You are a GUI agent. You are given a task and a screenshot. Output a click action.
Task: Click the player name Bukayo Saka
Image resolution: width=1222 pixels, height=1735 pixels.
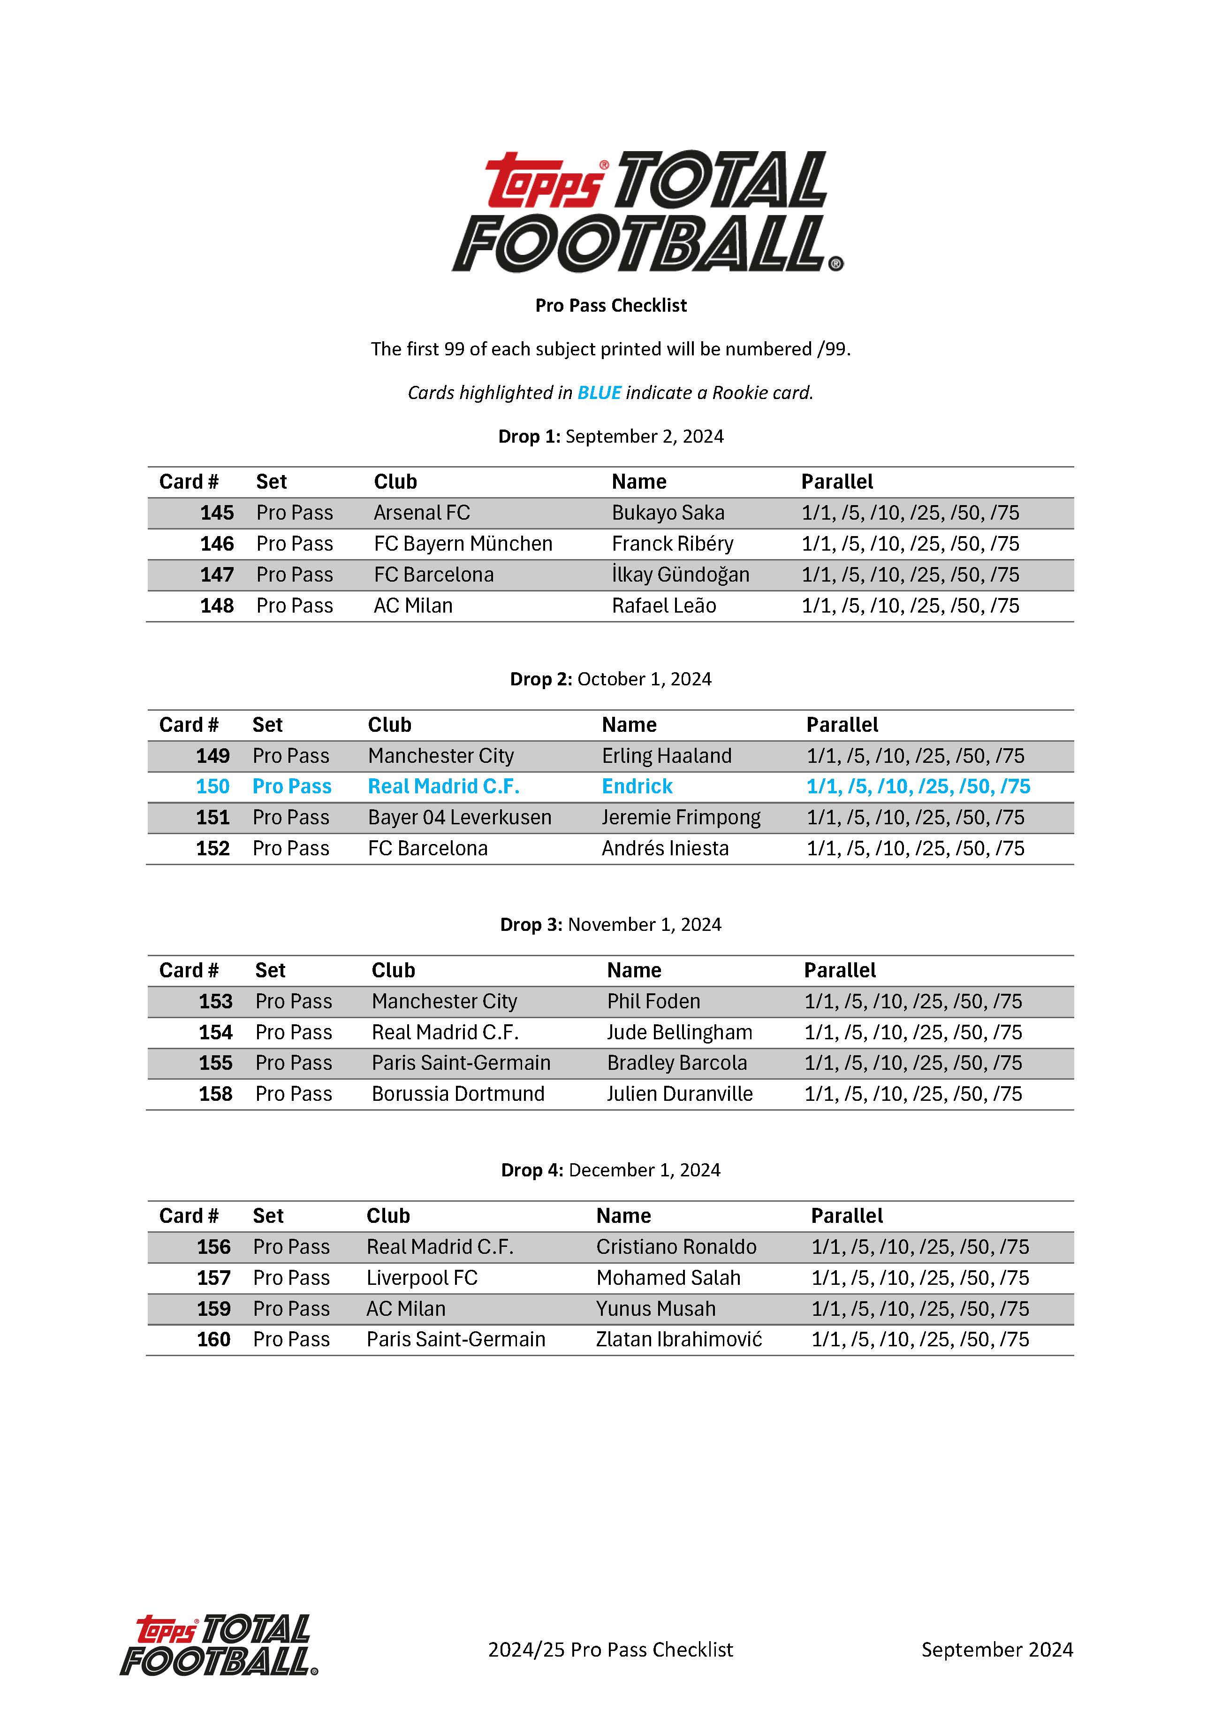(668, 513)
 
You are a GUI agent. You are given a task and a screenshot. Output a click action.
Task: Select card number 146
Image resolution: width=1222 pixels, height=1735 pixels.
(217, 544)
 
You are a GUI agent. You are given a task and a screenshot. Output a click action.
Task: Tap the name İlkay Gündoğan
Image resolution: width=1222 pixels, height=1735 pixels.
(680, 575)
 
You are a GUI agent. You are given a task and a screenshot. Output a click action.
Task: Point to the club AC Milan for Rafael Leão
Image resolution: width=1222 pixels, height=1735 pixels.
(413, 606)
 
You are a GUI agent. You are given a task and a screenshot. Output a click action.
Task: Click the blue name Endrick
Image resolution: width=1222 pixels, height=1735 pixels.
(637, 787)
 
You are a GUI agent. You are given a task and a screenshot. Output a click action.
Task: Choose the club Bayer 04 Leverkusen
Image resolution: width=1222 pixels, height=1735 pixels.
(459, 818)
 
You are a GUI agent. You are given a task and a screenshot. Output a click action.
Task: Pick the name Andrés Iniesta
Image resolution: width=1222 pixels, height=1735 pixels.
(665, 849)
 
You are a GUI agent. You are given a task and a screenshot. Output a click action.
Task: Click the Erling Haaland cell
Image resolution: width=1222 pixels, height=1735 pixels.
(666, 756)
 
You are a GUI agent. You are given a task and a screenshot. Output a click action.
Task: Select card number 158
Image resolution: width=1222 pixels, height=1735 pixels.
(215, 1094)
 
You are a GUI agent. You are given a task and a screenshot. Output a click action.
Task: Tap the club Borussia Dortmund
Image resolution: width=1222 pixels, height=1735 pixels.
(458, 1094)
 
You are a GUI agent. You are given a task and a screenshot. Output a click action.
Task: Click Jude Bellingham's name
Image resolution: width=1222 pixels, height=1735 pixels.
(679, 1032)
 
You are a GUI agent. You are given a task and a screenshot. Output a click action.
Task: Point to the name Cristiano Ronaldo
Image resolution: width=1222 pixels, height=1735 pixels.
(676, 1247)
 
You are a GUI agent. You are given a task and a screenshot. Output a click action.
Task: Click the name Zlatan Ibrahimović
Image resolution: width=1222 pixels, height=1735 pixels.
(679, 1340)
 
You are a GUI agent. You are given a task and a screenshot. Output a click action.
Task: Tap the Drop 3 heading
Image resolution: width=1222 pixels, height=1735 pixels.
(610, 925)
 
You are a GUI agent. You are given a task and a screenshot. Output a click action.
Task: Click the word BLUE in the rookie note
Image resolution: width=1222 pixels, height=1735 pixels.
(599, 393)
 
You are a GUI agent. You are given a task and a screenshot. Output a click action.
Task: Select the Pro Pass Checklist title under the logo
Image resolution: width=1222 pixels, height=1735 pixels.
(611, 305)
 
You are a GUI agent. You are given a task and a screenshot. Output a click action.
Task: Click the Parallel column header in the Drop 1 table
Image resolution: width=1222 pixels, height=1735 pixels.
(837, 482)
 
